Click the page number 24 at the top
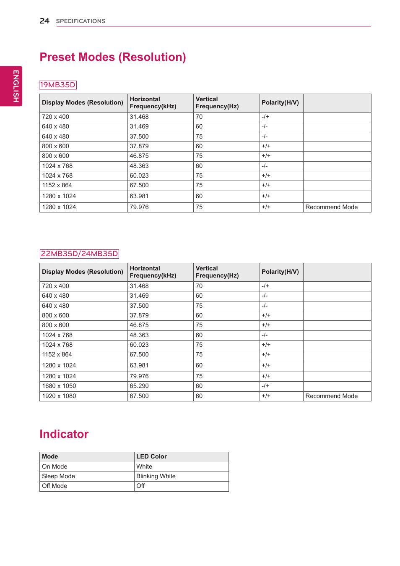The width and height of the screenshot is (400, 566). click(x=44, y=21)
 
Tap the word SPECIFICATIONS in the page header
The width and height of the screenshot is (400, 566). click(x=81, y=21)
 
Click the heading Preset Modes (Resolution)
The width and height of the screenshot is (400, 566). click(x=113, y=57)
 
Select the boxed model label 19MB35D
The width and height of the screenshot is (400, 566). click(x=58, y=85)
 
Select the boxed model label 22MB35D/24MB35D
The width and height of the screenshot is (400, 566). click(x=79, y=254)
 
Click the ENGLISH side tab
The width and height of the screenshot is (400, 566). click(x=16, y=86)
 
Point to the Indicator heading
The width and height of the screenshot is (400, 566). click(x=64, y=434)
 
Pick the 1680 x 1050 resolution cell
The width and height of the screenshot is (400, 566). click(x=59, y=386)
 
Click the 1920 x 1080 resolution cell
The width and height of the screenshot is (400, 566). click(x=59, y=396)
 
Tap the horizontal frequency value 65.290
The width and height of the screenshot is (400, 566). click(x=139, y=386)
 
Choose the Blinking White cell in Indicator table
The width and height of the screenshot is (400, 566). click(x=156, y=476)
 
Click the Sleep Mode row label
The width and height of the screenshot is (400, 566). click(x=58, y=476)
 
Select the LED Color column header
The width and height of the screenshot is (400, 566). click(x=151, y=456)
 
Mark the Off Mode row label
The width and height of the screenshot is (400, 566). click(x=55, y=486)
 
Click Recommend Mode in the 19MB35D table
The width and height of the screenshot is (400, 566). click(x=331, y=207)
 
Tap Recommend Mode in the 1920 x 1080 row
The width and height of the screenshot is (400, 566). click(x=331, y=396)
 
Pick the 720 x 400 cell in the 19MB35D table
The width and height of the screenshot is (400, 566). click(x=55, y=117)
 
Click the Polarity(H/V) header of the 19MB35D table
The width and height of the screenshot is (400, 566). click(x=280, y=102)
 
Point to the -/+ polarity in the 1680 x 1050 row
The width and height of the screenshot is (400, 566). click(x=265, y=386)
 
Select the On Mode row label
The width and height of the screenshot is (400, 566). click(x=55, y=466)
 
